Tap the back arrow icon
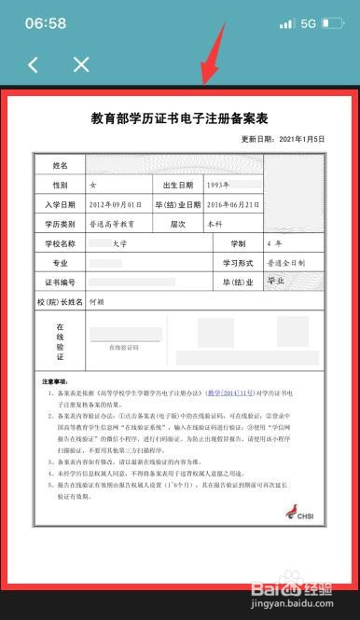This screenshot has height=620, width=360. [35, 64]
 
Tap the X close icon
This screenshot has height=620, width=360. [81, 64]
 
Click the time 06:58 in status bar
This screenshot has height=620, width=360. [46, 22]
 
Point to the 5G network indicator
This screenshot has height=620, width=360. [309, 23]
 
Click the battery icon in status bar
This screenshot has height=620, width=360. [336, 23]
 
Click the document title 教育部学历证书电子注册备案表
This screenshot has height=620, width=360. [179, 120]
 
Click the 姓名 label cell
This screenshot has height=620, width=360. [60, 165]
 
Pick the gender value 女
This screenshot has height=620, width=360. [91, 185]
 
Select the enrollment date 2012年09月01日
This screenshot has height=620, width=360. [115, 204]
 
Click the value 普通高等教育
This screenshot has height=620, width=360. [111, 224]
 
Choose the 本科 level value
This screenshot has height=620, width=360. [215, 224]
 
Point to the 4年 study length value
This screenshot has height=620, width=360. [274, 243]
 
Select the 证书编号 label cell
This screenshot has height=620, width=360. [60, 282]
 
